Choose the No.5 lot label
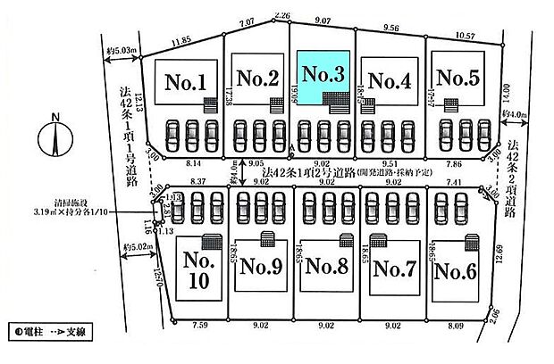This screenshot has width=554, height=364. point(459,78)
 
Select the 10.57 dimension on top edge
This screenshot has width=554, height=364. point(465,37)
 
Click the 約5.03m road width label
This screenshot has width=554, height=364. point(118,51)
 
